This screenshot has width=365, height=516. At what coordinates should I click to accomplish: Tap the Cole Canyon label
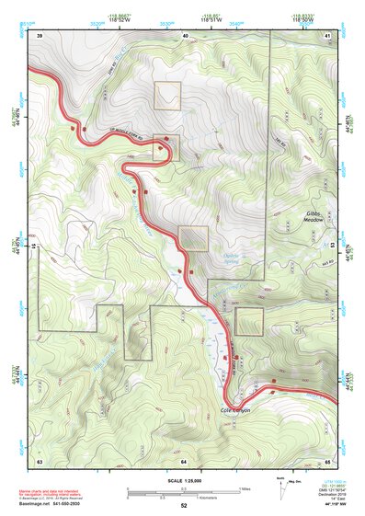pyautogui.click(x=235, y=410)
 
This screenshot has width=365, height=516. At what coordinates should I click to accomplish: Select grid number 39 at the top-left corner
pyautogui.click(x=40, y=35)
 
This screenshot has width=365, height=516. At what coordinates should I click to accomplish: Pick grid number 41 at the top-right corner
pyautogui.click(x=328, y=35)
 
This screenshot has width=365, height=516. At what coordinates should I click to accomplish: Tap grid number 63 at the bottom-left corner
pyautogui.click(x=40, y=459)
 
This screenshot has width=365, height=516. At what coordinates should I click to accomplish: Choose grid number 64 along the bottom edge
pyautogui.click(x=184, y=459)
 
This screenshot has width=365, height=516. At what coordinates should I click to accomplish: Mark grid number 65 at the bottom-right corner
pyautogui.click(x=328, y=459)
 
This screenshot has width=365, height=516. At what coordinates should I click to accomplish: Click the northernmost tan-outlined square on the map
pyautogui.click(x=167, y=96)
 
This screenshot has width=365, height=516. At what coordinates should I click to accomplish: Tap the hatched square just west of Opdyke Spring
pyautogui.click(x=193, y=238)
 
